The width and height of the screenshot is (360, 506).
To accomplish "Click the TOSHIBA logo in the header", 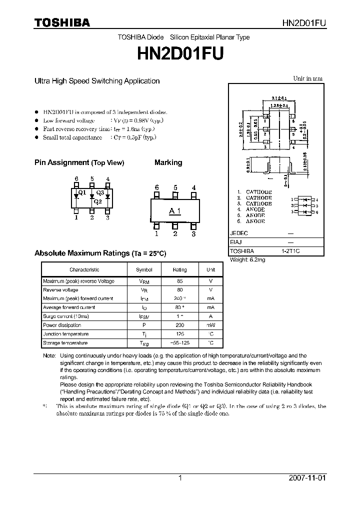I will click(62, 22).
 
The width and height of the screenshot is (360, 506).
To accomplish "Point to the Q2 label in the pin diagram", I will click(97, 202).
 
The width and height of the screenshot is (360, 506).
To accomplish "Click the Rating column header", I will click(179, 270).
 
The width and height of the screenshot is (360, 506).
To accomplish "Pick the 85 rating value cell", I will click(179, 281).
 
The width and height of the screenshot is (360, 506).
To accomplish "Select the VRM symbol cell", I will click(144, 281).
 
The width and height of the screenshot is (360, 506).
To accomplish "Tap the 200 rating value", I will click(179, 325).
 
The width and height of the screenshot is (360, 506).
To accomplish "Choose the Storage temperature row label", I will click(65, 343).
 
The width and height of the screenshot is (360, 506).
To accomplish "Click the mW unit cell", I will click(210, 325).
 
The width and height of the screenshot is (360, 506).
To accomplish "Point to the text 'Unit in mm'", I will click(308, 78).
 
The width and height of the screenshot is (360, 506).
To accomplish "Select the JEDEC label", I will click(238, 233).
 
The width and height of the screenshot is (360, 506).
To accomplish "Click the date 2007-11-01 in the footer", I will click(307, 478).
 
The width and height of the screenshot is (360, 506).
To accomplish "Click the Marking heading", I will click(168, 163).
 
